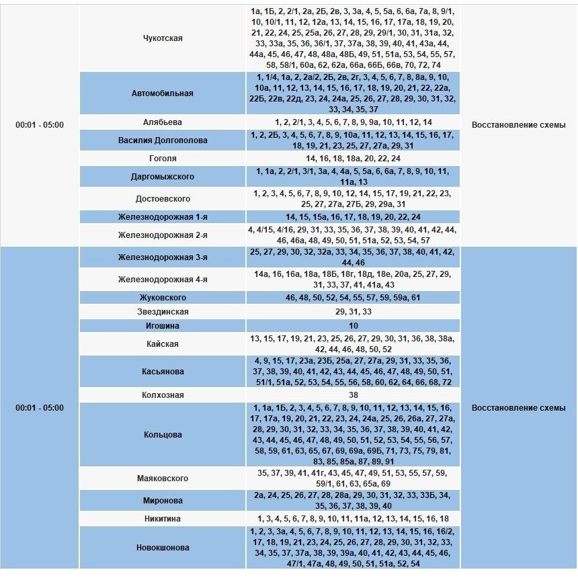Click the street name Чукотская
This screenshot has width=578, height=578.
(x=163, y=38)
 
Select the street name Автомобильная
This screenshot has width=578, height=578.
(x=163, y=93)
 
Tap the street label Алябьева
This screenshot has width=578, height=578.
(x=163, y=122)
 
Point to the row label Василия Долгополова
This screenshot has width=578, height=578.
(x=163, y=140)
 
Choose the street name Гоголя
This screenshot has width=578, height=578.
(x=163, y=159)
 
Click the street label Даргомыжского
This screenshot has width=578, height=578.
(x=163, y=177)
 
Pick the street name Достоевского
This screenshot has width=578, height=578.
(x=163, y=199)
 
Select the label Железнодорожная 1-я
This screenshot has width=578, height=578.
(x=163, y=217)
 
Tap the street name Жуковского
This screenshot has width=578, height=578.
(x=163, y=298)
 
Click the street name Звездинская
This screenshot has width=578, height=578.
(x=163, y=312)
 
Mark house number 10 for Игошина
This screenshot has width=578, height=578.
(x=353, y=326)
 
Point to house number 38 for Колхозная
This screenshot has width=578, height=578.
(x=353, y=395)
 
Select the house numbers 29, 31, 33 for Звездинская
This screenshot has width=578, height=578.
(x=353, y=312)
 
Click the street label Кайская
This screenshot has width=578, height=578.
(x=163, y=344)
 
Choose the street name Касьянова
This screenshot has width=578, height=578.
(x=163, y=372)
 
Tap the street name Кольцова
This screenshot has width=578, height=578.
(x=163, y=435)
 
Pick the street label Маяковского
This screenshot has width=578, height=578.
(x=163, y=479)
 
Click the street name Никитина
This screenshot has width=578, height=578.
(x=163, y=519)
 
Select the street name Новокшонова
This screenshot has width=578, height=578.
(x=163, y=548)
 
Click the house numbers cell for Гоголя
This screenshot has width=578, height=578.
(x=353, y=159)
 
